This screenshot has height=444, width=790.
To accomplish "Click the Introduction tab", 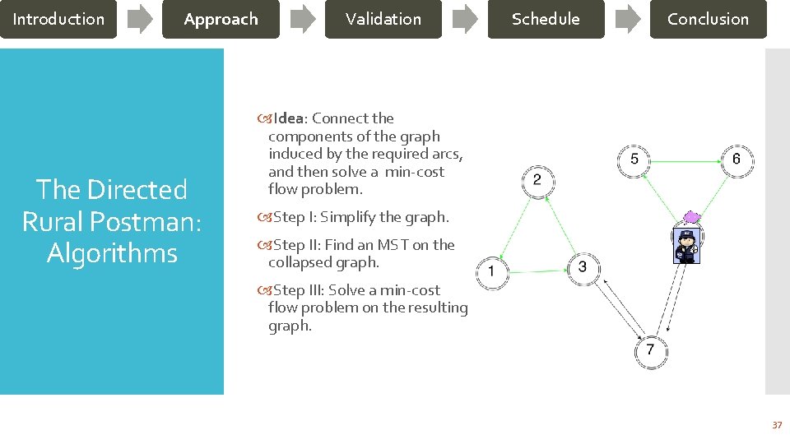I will [x=58, y=19].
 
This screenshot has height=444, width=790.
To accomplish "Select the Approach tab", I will [x=221, y=19].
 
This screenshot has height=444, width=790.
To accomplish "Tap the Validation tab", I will [x=383, y=19].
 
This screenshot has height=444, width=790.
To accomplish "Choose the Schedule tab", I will [x=546, y=19].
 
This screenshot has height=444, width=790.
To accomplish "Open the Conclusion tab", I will [x=708, y=19].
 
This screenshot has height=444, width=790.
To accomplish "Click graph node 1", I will [x=492, y=271].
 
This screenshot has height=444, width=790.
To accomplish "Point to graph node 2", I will [x=537, y=180].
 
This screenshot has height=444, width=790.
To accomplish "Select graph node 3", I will [x=583, y=267].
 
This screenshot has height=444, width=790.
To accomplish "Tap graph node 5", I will [x=634, y=160].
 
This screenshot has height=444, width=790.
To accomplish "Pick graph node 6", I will [x=736, y=159].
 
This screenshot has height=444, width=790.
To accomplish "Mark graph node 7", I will [x=650, y=350].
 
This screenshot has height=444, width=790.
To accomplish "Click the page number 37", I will [x=776, y=425].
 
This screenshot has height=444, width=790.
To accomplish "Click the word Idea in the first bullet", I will [x=288, y=118].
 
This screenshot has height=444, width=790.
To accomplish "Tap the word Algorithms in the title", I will [x=112, y=253].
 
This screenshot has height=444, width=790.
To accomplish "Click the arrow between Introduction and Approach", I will [x=140, y=19].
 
